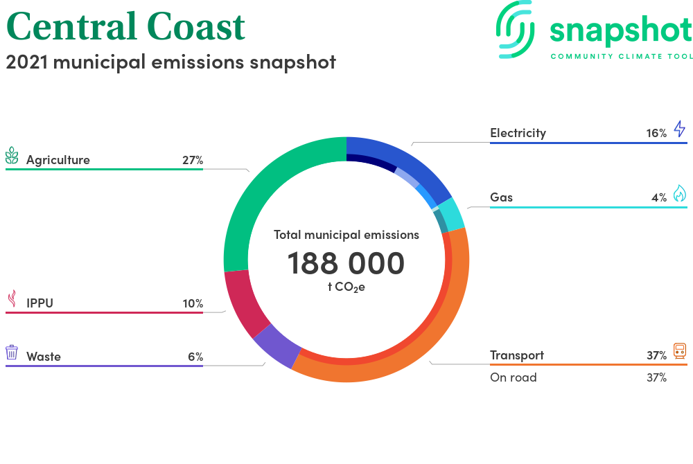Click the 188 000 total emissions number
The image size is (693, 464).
click(346, 263)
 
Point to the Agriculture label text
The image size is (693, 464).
click(58, 160)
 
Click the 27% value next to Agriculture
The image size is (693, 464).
click(193, 160)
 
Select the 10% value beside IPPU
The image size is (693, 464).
click(193, 303)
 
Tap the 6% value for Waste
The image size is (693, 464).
click(195, 356)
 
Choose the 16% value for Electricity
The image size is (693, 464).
click(656, 133)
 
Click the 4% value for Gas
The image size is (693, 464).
click(659, 197)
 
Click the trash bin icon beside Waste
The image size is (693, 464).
click(12, 353)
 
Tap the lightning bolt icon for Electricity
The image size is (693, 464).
click(680, 129)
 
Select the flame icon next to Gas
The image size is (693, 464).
click(680, 193)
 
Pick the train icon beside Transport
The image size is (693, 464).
click(680, 351)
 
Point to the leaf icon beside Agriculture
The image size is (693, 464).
click(12, 155)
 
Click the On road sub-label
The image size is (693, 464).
click(513, 377)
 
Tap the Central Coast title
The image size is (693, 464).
click(125, 26)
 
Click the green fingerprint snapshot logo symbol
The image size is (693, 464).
click(515, 30)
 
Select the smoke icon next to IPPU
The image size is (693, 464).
click(12, 298)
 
